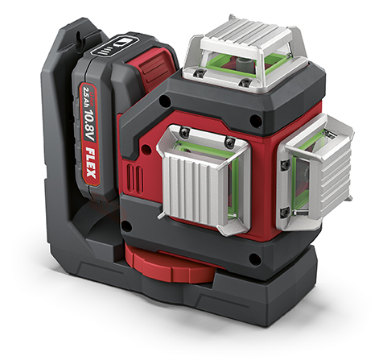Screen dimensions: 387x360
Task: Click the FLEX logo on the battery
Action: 91,164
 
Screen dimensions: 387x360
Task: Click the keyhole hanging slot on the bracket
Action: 78,35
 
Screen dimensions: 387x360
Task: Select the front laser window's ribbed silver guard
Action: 204,179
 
